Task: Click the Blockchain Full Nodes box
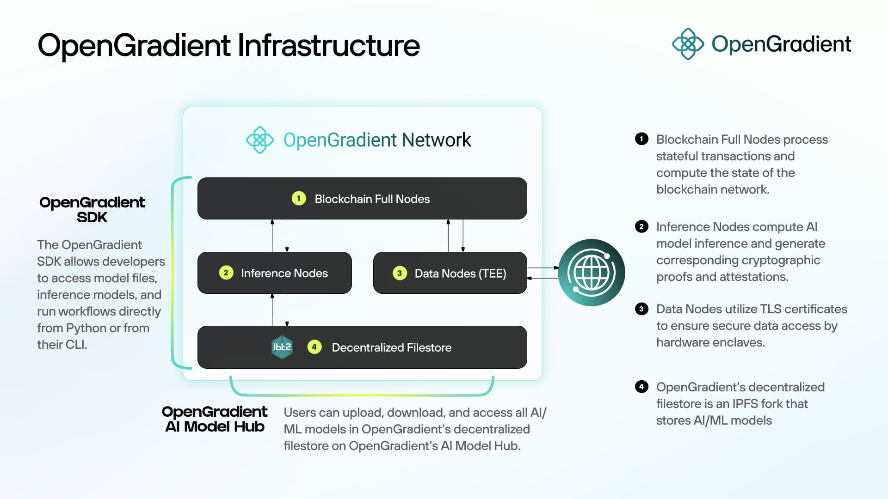coord(362,198)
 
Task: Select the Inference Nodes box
coord(274,273)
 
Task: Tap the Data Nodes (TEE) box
coord(450,273)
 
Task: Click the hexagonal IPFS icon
coord(282,347)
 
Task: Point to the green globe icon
coord(592,272)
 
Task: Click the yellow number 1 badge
coord(299,198)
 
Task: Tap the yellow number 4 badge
coord(314,347)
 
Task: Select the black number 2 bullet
coord(641,226)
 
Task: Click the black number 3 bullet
coord(641,309)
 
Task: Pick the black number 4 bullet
coord(641,387)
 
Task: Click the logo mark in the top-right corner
coord(688,44)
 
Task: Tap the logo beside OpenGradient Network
coord(259,140)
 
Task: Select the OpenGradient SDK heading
coord(92,209)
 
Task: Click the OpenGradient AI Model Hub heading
coord(215,419)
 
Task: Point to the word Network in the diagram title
coord(436,140)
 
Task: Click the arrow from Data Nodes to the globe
coord(543,268)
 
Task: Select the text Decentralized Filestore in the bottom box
coord(391,347)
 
